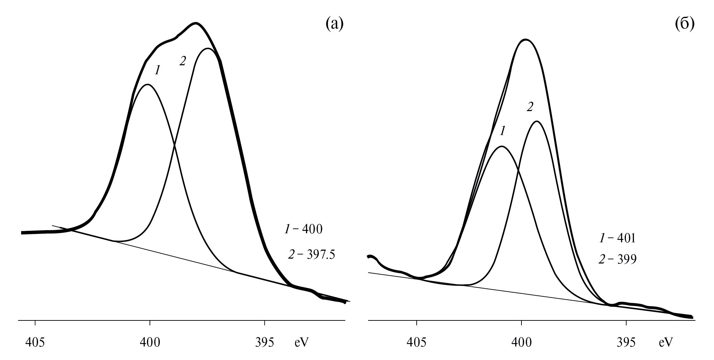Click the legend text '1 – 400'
pyautogui.click(x=304, y=229)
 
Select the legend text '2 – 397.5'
pyautogui.click(x=312, y=255)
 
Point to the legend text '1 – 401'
pyautogui.click(x=617, y=238)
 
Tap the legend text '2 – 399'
pyautogui.click(x=617, y=259)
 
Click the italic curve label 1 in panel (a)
pyautogui.click(x=157, y=70)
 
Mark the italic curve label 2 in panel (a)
pyautogui.click(x=182, y=61)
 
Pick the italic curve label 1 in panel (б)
pyautogui.click(x=502, y=131)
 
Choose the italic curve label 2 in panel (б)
pyautogui.click(x=529, y=107)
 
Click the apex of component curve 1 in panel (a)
pyautogui.click(x=148, y=84)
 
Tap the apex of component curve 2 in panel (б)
pyautogui.click(x=537, y=121)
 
